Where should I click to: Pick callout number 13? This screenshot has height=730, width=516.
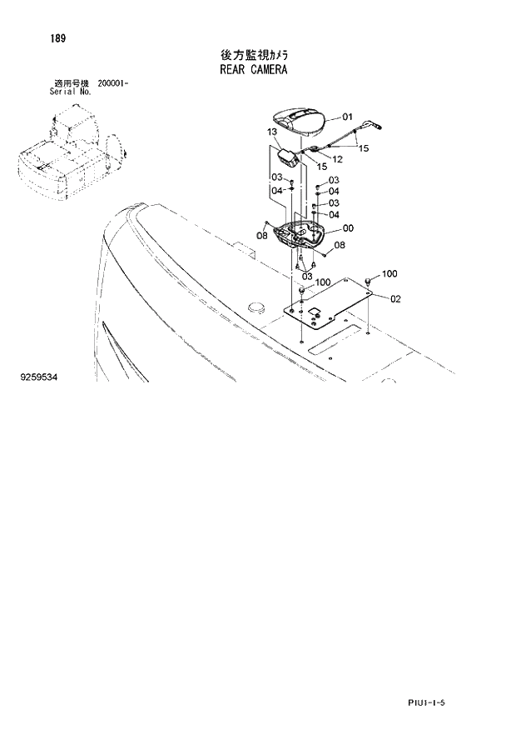273,132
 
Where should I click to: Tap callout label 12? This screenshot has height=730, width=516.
337,158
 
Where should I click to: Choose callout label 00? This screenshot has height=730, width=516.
348,228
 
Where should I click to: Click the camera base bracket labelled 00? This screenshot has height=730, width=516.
304,237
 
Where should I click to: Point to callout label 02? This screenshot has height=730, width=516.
395,298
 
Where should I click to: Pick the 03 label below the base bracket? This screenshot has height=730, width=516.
307,275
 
